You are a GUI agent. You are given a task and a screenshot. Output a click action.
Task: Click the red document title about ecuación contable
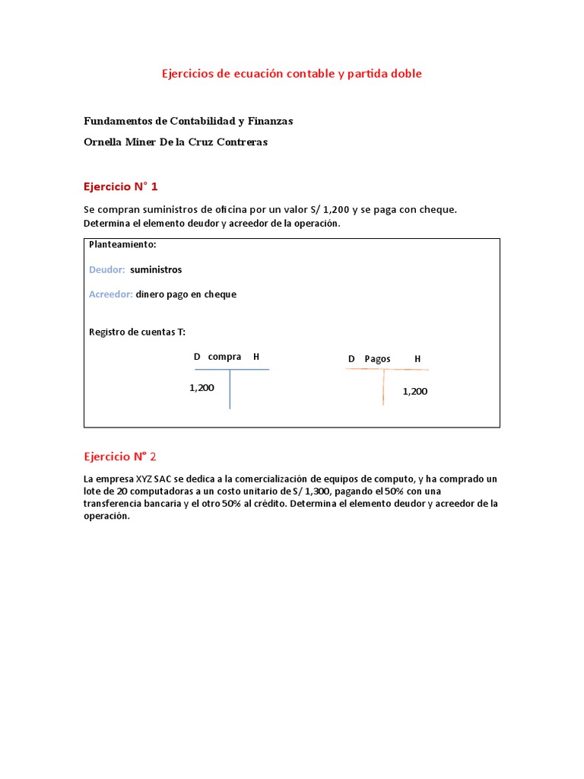point(291,74)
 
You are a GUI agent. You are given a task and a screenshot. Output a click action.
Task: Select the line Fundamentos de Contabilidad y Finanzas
point(188,121)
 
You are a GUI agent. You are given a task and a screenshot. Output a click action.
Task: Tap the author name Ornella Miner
point(175,141)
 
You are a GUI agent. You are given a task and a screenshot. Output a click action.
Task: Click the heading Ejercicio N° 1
point(120,186)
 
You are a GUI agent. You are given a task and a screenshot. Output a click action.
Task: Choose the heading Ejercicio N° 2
point(120,456)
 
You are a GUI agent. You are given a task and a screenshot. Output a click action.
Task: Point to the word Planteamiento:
point(122,244)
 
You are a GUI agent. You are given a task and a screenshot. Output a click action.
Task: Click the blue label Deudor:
point(107,269)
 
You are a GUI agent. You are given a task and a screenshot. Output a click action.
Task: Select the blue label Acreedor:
point(111,294)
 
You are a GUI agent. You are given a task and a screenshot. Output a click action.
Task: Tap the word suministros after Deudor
point(156,269)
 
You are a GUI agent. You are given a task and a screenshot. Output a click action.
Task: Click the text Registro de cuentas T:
point(137,332)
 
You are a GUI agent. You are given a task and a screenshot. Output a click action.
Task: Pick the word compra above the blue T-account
point(224,357)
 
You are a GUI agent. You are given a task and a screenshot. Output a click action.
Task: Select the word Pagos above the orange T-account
point(377,359)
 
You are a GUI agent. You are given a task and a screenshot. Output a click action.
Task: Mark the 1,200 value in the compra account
point(202,388)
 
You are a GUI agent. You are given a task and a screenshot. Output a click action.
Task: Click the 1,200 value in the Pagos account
point(415,392)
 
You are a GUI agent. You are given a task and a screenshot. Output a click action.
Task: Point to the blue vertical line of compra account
point(230,389)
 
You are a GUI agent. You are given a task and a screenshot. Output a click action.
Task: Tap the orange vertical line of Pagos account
point(383,387)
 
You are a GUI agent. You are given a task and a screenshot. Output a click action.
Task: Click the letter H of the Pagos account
point(417,359)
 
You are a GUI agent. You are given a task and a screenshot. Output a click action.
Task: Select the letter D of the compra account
point(197,357)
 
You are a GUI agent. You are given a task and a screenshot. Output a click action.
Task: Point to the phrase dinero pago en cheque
point(186,294)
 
